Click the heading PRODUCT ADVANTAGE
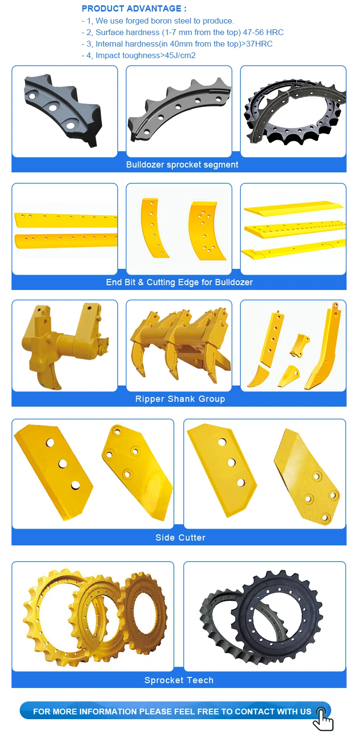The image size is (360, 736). click(x=134, y=9)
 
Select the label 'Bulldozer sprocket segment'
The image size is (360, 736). click(x=182, y=165)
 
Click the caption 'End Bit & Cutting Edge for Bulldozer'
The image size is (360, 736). click(x=179, y=282)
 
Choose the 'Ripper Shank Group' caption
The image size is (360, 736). click(x=180, y=399)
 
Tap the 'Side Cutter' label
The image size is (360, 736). click(x=180, y=538)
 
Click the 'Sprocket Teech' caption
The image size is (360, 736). click(x=179, y=680)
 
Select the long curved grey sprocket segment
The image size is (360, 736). click(x=178, y=112)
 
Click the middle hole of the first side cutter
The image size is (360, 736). click(x=62, y=463)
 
